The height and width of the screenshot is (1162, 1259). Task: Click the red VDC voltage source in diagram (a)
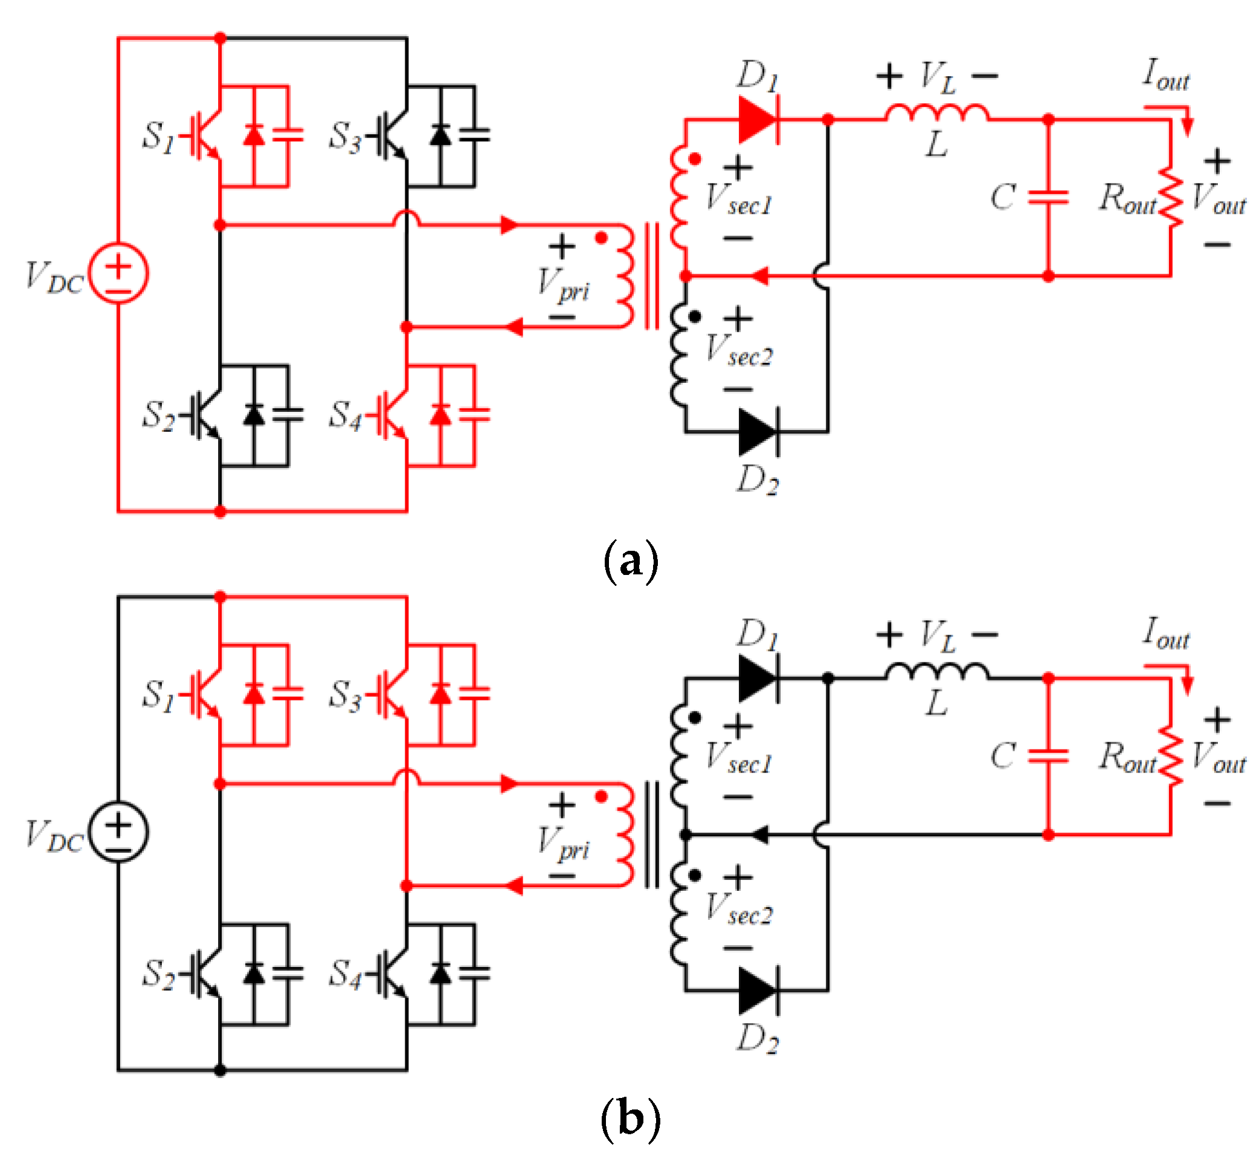click(x=118, y=273)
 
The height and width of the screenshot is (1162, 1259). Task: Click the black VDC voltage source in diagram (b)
click(x=118, y=831)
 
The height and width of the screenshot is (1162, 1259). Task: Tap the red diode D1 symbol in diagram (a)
click(x=758, y=119)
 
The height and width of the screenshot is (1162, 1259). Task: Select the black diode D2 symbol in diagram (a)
click(x=758, y=432)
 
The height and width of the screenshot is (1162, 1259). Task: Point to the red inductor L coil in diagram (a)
click(x=937, y=113)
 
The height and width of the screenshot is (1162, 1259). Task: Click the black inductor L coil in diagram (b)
click(x=937, y=672)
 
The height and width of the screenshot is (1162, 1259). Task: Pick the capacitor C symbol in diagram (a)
click(x=1048, y=197)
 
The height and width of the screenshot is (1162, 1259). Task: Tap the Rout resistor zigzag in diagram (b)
click(x=1171, y=756)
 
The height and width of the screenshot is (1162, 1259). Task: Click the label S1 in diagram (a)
click(x=158, y=136)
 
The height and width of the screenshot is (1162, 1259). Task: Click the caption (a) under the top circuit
click(x=630, y=560)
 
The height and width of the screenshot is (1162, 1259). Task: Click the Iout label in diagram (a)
click(x=1165, y=75)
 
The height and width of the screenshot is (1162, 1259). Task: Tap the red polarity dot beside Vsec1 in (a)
click(x=695, y=159)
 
